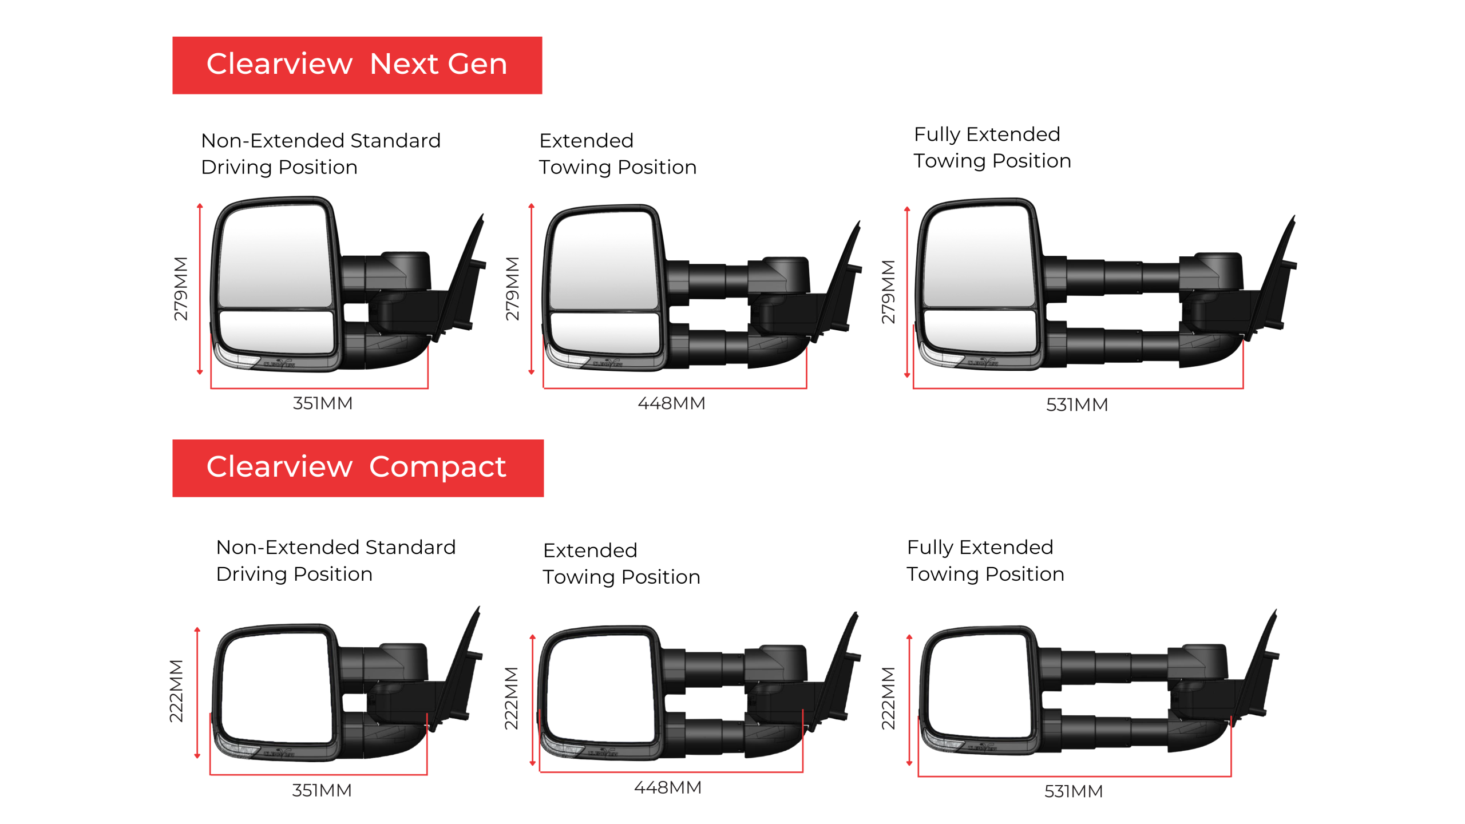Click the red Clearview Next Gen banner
[x=357, y=65]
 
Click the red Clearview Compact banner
[x=358, y=468]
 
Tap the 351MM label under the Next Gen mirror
[x=323, y=403]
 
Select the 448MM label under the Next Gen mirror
[x=671, y=403]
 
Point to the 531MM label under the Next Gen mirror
[x=1077, y=405]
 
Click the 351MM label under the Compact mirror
[x=322, y=791]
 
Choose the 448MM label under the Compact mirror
[x=668, y=788]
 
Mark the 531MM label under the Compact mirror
[x=1074, y=791]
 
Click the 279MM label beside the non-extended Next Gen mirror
[x=181, y=288]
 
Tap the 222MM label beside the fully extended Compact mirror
[x=888, y=698]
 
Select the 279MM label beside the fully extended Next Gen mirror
[x=888, y=292]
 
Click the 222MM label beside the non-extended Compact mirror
[x=176, y=691]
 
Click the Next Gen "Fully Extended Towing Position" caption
[x=992, y=148]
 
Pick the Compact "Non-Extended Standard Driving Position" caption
[x=336, y=561]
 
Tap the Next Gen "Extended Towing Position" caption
[x=618, y=154]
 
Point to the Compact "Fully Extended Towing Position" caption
[x=985, y=561]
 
